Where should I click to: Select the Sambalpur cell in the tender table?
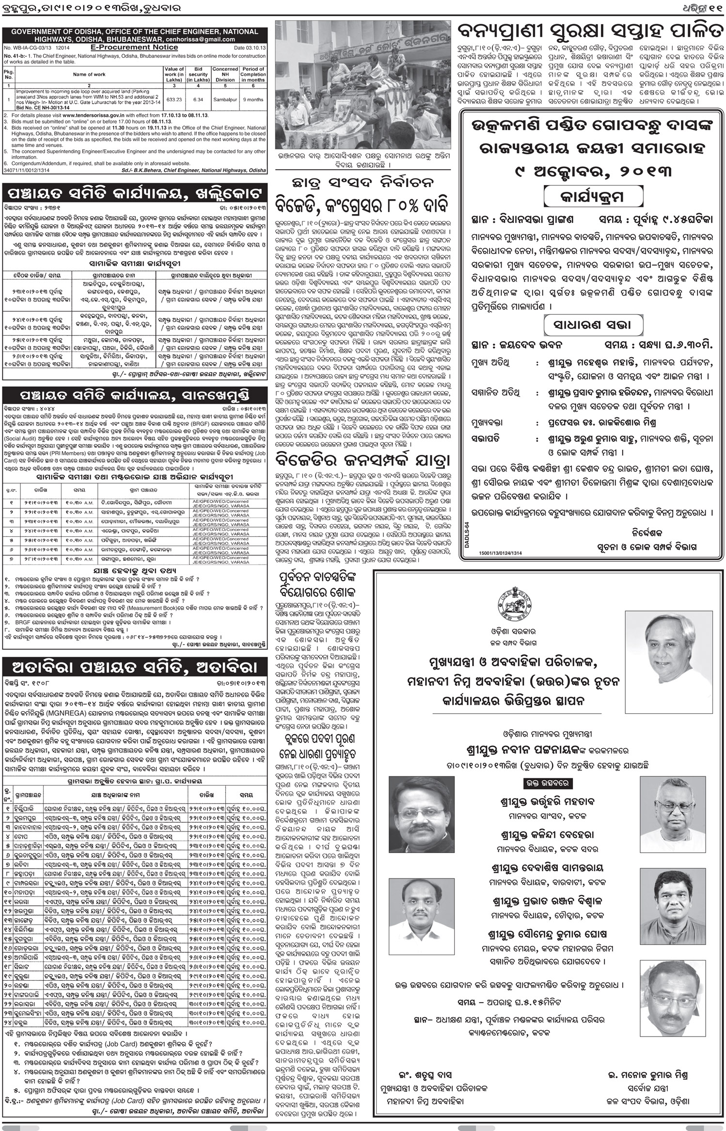pos(224,99)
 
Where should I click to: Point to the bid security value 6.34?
pos(198,99)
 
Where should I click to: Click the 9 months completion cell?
pos(253,99)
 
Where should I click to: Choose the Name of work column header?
pos(89,75)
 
